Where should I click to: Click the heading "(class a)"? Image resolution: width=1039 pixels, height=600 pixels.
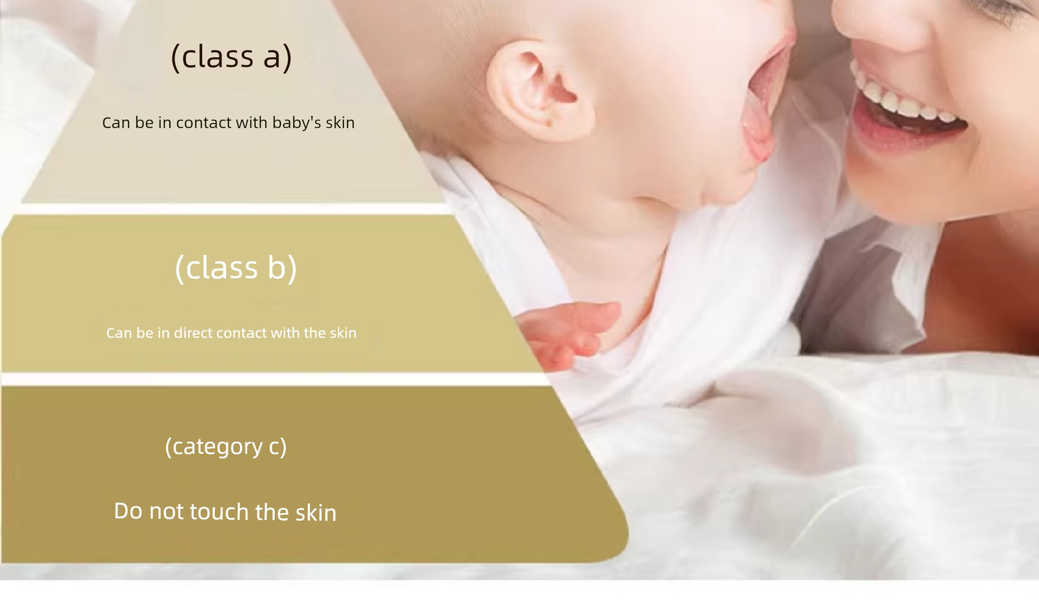click(x=231, y=57)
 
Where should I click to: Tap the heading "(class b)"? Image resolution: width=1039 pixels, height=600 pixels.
click(x=236, y=268)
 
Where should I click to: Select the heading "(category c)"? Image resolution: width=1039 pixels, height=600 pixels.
click(x=226, y=447)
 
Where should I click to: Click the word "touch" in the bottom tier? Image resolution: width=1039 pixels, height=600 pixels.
click(x=219, y=512)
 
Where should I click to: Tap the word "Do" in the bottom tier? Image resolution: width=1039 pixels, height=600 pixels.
click(x=128, y=511)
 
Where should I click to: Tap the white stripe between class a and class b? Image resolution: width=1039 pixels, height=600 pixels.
click(x=235, y=209)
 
